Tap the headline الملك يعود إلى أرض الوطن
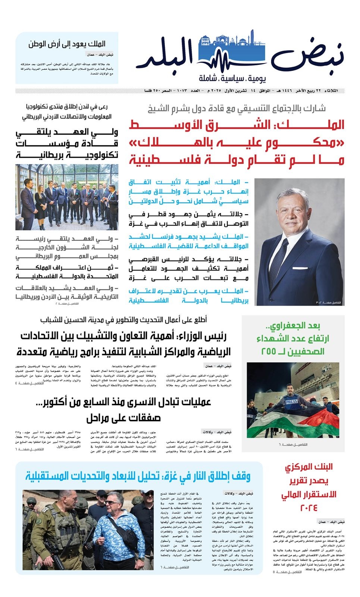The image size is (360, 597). click(x=67, y=44)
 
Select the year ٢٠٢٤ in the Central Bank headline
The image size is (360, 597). click(x=308, y=508)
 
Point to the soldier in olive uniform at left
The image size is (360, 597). click(x=56, y=530)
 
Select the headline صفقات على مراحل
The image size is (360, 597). click(x=123, y=418)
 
